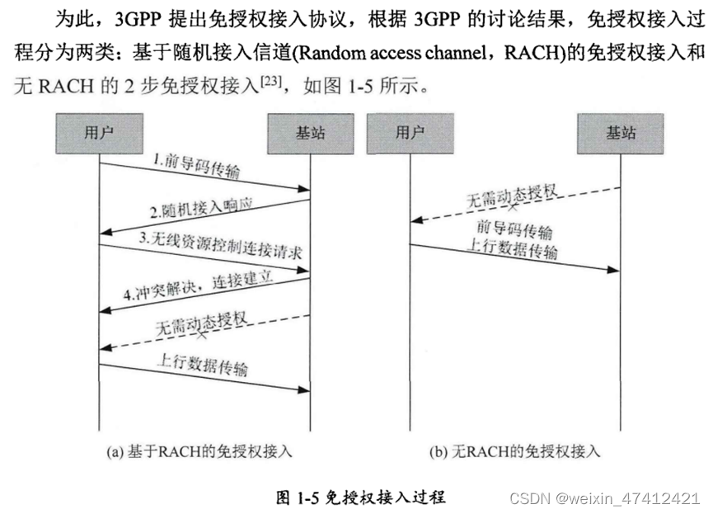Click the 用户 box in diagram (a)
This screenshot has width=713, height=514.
(99, 133)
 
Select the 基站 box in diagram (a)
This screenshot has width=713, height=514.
(309, 133)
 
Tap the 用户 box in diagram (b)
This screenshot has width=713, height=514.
(410, 133)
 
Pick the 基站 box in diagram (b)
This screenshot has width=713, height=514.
(621, 133)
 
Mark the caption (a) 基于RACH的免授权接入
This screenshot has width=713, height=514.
(199, 451)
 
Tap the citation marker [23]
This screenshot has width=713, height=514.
(272, 80)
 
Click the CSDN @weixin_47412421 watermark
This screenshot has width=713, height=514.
(605, 498)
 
